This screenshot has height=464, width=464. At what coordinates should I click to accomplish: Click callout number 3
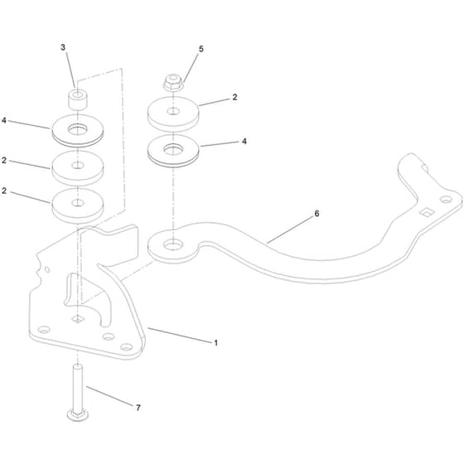tap(63, 47)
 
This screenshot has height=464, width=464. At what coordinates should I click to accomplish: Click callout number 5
tap(201, 49)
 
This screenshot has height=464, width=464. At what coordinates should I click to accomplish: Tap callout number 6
tap(317, 214)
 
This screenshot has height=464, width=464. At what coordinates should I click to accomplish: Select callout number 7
tap(138, 408)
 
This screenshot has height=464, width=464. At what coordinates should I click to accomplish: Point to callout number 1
tap(216, 343)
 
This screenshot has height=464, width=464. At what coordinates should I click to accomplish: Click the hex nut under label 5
tap(173, 84)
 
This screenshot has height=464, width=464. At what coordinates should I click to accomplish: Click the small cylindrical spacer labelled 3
tap(78, 99)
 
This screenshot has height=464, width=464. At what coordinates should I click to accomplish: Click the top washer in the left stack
tap(78, 130)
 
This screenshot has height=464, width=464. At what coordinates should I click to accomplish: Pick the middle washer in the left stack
tap(78, 167)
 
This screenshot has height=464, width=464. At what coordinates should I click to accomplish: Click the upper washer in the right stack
tap(173, 114)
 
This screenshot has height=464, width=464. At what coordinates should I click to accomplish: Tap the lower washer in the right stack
tap(173, 151)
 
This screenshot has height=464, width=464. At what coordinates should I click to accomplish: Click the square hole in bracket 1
tap(78, 319)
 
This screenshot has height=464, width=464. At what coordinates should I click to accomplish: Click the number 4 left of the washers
tap(4, 120)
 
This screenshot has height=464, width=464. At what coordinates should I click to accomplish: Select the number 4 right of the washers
tap(244, 141)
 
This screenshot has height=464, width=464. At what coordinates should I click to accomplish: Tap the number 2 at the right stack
tap(235, 97)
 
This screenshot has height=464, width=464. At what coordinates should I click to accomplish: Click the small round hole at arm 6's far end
tap(446, 200)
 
